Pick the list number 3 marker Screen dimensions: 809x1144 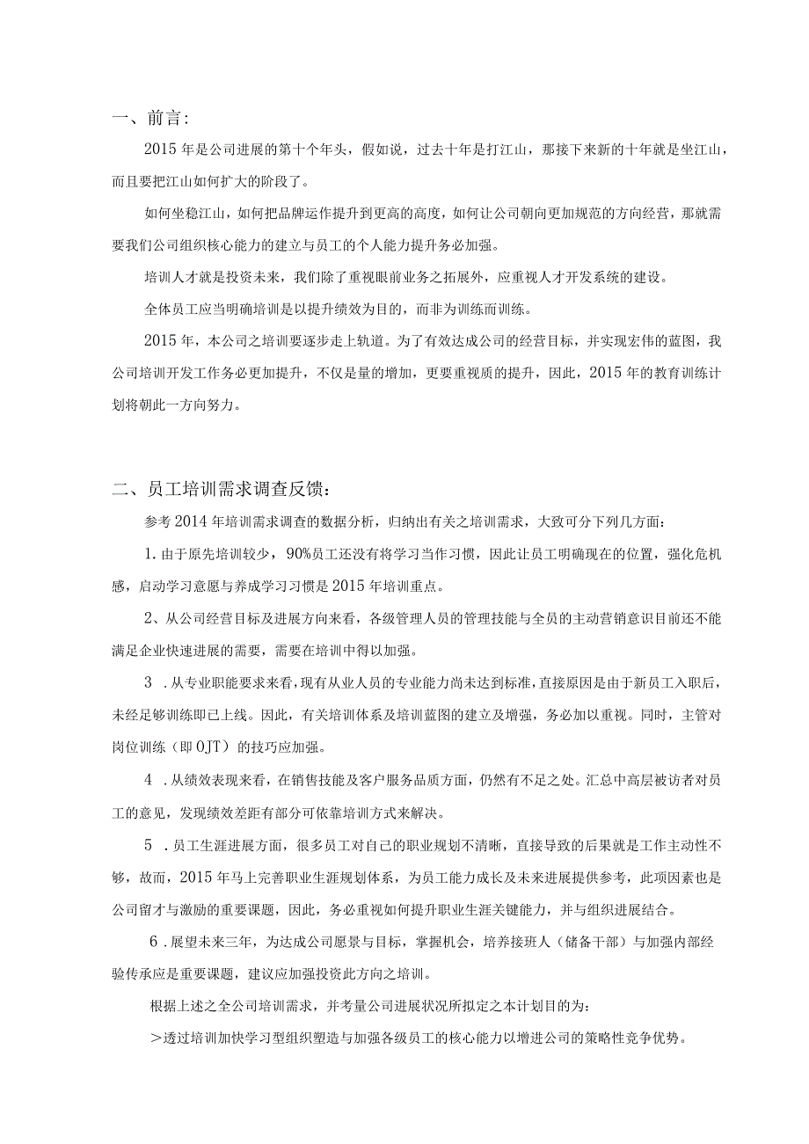coord(149,683)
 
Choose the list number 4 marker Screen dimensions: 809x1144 coord(149,780)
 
